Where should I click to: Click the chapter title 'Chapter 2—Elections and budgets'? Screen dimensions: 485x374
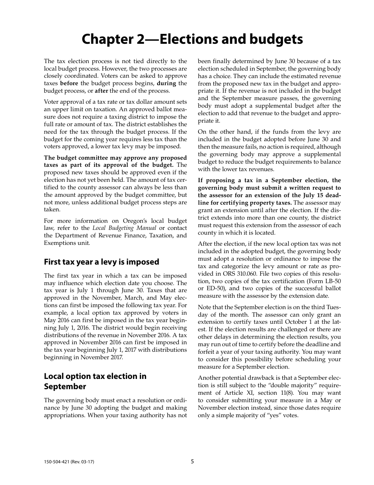pyautogui.click(x=192, y=39)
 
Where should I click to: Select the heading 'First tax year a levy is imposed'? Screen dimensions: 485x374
pyautogui.click(x=101, y=262)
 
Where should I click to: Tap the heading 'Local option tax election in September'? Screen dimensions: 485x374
pyautogui.click(x=95, y=381)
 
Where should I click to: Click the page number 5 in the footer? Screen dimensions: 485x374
pyautogui.click(x=193, y=461)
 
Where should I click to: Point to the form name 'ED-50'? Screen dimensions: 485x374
pyautogui.click(x=215, y=289)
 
